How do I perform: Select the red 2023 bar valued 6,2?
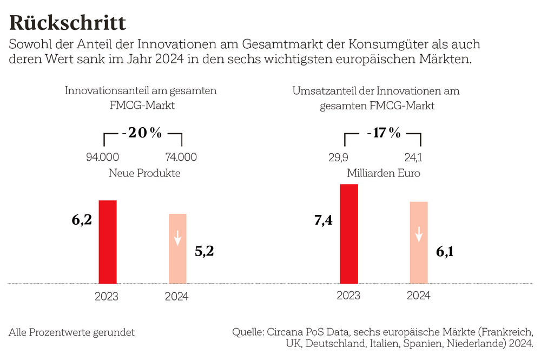[108, 241]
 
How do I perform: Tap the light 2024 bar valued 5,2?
[177, 248]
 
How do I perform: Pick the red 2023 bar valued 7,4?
[349, 233]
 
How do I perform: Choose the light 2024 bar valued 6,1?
[419, 243]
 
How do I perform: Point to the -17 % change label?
[383, 133]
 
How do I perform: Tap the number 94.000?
[103, 158]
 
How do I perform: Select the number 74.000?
[181, 158]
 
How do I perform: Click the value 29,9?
[338, 158]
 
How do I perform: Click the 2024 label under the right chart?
[418, 296]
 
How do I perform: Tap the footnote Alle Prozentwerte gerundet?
[72, 332]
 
